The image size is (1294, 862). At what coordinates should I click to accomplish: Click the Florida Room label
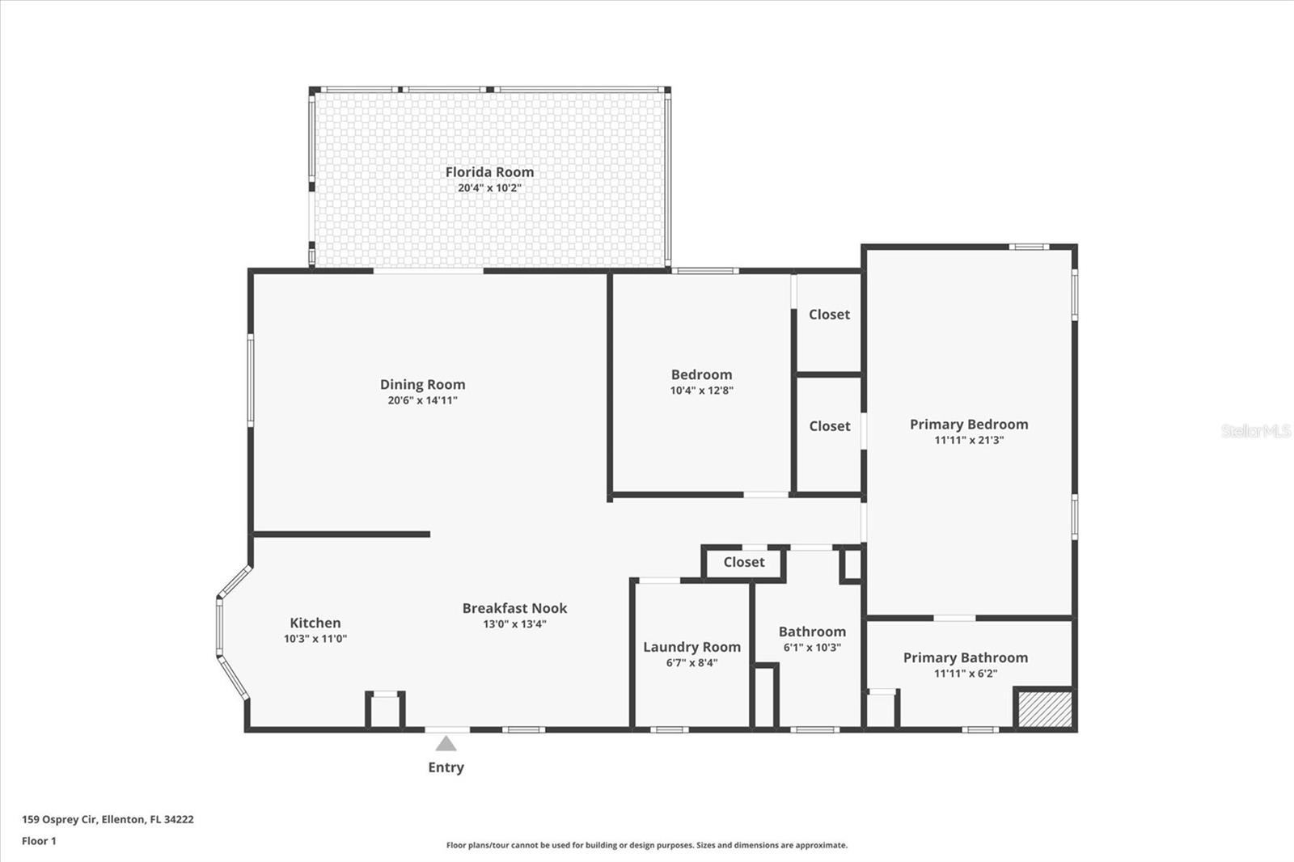tap(489, 171)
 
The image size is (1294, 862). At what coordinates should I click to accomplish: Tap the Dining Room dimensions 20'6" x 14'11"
tap(422, 400)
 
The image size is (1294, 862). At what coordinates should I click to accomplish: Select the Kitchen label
tap(315, 623)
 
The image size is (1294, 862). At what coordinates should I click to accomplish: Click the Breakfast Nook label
tap(514, 608)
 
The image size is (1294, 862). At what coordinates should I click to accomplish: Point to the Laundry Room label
tap(691, 647)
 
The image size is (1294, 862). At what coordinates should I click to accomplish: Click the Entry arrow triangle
tap(446, 743)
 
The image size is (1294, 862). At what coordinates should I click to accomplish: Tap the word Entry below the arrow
tap(446, 767)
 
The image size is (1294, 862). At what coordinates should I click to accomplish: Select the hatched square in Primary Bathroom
tap(1044, 709)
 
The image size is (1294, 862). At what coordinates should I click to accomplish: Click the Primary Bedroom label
tap(969, 425)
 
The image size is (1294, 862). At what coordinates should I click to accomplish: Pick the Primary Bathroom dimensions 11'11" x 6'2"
tap(965, 674)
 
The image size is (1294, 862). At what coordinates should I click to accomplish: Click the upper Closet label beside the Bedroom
tap(829, 315)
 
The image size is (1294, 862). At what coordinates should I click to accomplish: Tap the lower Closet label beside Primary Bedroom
tap(829, 426)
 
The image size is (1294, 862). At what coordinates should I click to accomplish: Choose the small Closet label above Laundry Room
tap(743, 562)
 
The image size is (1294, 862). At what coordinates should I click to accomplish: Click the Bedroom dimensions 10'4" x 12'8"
tap(701, 391)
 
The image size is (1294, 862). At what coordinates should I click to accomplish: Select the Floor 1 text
tap(39, 841)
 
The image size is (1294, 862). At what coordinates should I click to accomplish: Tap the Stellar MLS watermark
tap(1255, 431)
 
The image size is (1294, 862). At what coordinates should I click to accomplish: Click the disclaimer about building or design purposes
tap(647, 845)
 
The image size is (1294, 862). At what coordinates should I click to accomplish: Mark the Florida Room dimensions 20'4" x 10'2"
tap(489, 188)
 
